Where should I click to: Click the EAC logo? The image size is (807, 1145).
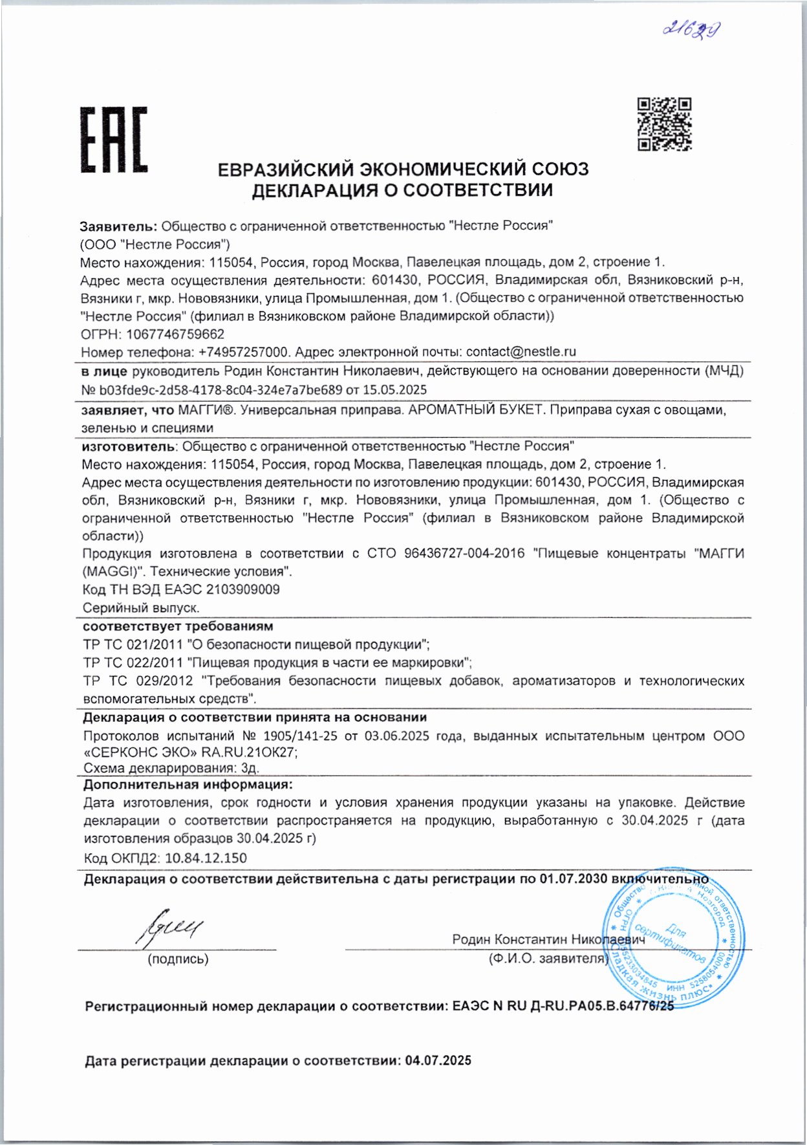pos(114,140)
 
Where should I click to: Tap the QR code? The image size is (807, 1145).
pos(664,124)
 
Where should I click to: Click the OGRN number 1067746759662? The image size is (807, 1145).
pos(175,334)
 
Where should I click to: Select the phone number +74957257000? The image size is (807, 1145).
pos(243,352)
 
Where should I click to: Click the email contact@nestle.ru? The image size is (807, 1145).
pos(521,352)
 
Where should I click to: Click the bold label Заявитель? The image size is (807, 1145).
pos(118,226)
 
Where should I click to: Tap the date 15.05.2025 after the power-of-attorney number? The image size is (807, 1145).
pos(394,389)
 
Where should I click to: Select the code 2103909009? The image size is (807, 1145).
pos(242,589)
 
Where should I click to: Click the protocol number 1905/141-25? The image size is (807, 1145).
pos(300,736)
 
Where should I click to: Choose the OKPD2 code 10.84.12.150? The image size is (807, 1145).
pos(206,858)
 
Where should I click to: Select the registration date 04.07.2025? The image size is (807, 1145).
pos(438,1061)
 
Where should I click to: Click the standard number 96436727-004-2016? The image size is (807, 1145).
pos(464,554)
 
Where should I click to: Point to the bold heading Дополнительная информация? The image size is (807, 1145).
pos(188,785)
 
